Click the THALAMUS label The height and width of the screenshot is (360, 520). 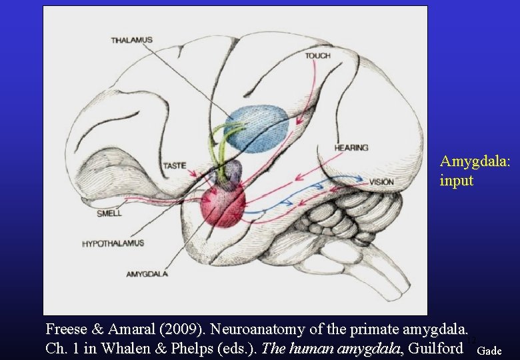pyautogui.click(x=131, y=40)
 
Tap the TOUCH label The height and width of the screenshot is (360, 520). pyautogui.click(x=317, y=56)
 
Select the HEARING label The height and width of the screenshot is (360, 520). pyautogui.click(x=351, y=147)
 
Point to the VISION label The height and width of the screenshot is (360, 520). pyautogui.click(x=381, y=182)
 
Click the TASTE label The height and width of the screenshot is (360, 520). pyautogui.click(x=175, y=165)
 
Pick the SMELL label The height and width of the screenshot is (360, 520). pyautogui.click(x=109, y=214)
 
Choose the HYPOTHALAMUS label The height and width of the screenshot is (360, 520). pyautogui.click(x=113, y=244)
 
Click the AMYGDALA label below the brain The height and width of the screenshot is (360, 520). pyautogui.click(x=147, y=274)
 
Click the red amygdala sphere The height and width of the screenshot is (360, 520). pyautogui.click(x=222, y=204)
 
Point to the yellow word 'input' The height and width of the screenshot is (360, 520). pyautogui.click(x=457, y=181)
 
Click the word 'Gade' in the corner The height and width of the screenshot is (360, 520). pyautogui.click(x=490, y=351)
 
